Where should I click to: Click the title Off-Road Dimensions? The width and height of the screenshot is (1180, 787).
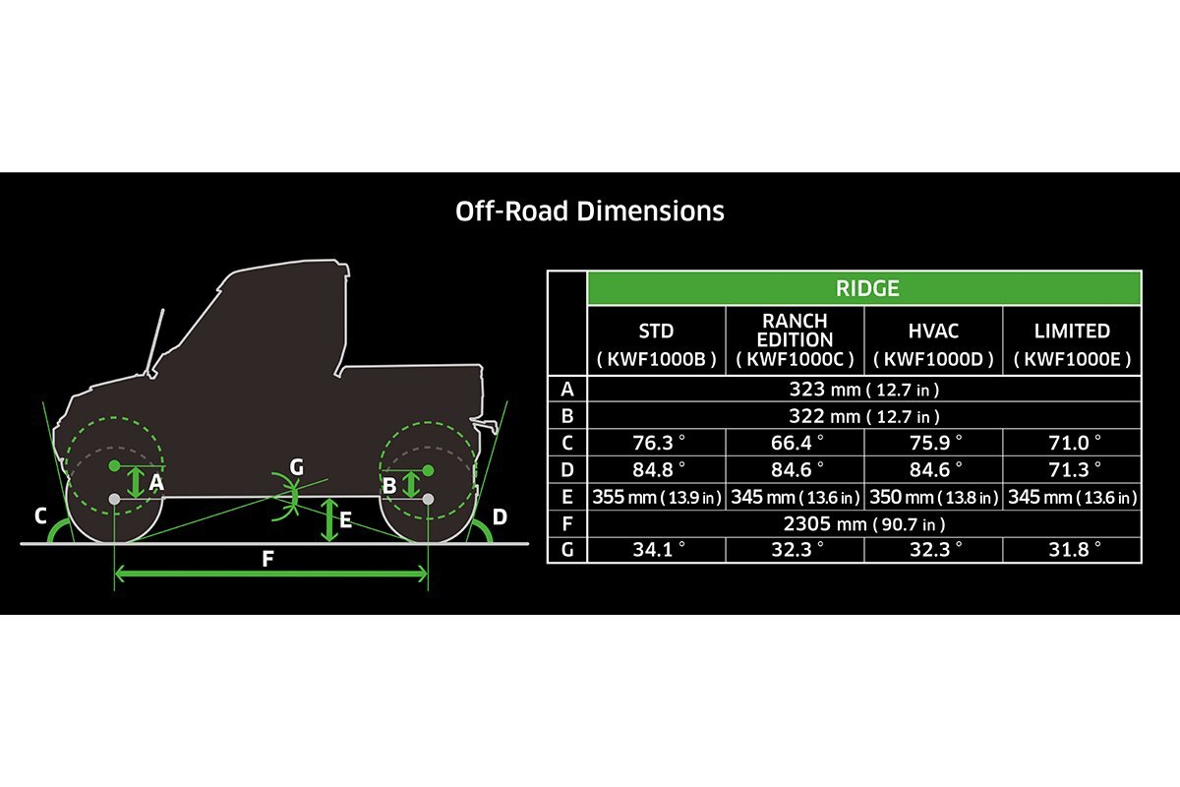(590, 212)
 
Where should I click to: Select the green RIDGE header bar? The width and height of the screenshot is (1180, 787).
(863, 288)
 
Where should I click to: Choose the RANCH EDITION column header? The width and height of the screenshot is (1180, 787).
(795, 340)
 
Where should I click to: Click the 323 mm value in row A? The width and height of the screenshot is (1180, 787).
(863, 389)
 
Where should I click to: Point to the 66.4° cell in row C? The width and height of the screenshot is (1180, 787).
(795, 443)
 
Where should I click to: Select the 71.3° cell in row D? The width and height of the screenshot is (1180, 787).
(1072, 469)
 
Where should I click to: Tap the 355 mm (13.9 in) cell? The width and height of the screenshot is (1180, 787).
(656, 497)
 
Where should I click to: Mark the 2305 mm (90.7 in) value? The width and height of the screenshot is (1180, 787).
(863, 523)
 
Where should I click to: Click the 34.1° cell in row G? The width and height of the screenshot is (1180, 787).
(656, 550)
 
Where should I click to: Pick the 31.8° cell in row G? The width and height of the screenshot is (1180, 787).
(1072, 550)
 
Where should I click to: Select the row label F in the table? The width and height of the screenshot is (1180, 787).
(566, 523)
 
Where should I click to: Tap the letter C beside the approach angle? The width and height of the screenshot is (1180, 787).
(40, 515)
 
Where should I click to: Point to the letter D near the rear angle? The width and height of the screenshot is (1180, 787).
(500, 515)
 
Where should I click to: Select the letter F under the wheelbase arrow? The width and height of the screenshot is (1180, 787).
(267, 560)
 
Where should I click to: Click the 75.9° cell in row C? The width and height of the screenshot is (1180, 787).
(933, 443)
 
